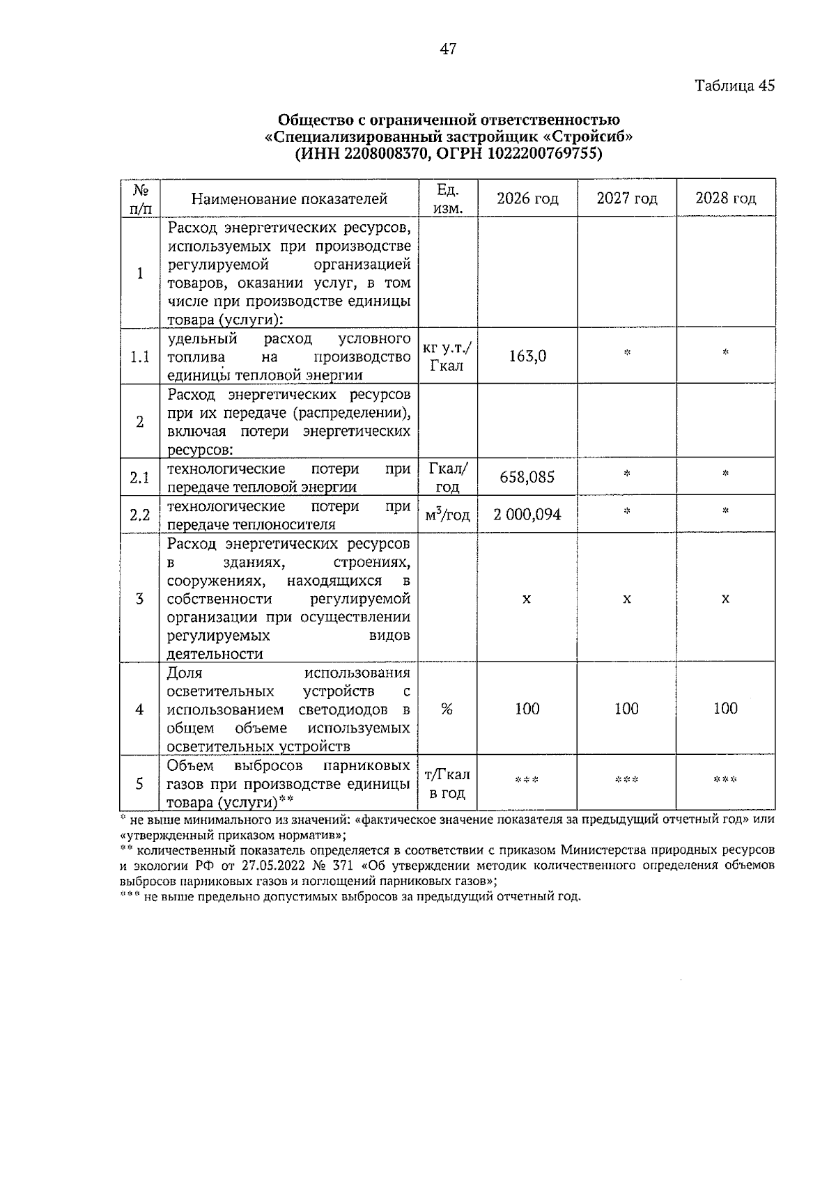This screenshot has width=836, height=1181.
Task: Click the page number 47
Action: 448,49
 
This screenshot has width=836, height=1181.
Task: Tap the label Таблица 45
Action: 734,86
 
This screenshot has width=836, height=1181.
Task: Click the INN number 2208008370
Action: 382,154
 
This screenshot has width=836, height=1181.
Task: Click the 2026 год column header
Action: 527,198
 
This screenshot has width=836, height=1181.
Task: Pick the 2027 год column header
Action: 627,198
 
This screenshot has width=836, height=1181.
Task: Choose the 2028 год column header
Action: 725,198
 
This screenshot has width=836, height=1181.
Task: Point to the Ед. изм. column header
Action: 447,198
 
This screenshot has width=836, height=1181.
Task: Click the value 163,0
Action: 527,357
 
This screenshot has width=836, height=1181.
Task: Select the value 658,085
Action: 527,477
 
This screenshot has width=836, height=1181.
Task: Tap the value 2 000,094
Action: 527,515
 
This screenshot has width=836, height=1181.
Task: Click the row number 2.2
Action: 140,515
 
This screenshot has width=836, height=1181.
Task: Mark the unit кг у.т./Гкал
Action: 447,357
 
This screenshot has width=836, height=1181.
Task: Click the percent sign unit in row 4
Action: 447,709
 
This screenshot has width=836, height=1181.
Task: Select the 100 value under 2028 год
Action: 725,709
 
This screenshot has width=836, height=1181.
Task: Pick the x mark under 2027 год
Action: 627,599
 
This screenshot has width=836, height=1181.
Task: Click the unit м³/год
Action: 447,515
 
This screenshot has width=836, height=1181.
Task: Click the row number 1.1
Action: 140,357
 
